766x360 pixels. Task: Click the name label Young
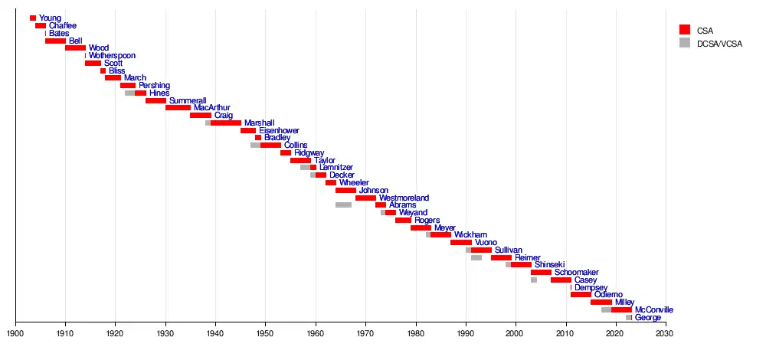click(50, 18)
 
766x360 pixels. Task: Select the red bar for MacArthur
click(178, 108)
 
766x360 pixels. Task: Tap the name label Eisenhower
click(279, 131)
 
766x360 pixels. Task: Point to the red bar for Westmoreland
click(365, 198)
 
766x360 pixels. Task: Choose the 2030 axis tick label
click(665, 333)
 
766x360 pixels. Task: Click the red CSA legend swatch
click(685, 30)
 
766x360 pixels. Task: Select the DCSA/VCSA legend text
click(720, 44)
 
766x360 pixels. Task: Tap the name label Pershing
click(154, 86)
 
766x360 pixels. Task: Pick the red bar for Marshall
click(226, 123)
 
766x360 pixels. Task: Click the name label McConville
click(654, 310)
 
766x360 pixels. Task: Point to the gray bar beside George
click(628, 317)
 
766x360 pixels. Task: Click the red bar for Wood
click(75, 48)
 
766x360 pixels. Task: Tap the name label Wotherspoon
click(112, 56)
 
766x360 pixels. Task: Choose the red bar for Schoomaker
click(541, 273)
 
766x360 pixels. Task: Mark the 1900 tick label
click(15, 333)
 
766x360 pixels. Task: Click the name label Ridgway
click(309, 153)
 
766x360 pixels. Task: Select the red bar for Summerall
click(155, 100)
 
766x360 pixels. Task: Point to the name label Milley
click(624, 303)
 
